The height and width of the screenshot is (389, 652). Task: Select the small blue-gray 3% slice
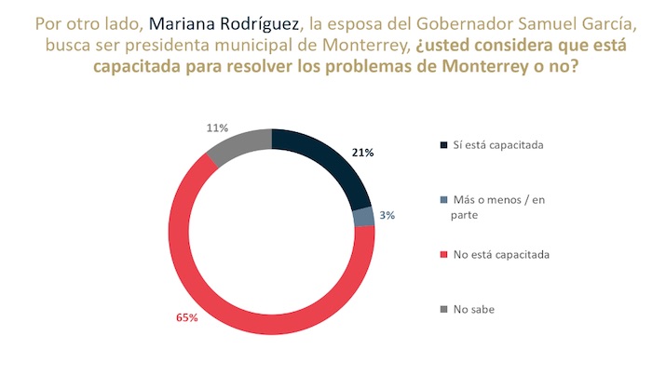[x=364, y=216]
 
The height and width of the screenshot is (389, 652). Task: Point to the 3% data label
[x=387, y=215]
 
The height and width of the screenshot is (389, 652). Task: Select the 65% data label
[x=187, y=318]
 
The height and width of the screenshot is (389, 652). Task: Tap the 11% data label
[x=216, y=127]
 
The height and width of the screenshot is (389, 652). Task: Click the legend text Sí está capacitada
[x=497, y=145]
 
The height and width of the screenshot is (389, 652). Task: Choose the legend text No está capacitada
[x=500, y=253]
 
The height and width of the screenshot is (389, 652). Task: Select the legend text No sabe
[x=475, y=308]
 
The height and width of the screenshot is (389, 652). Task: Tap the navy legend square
[x=441, y=145]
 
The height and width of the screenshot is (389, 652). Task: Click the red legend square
[x=441, y=253]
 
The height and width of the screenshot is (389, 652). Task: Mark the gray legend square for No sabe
[x=441, y=308]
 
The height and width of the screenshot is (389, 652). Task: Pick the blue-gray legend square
[x=441, y=199]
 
